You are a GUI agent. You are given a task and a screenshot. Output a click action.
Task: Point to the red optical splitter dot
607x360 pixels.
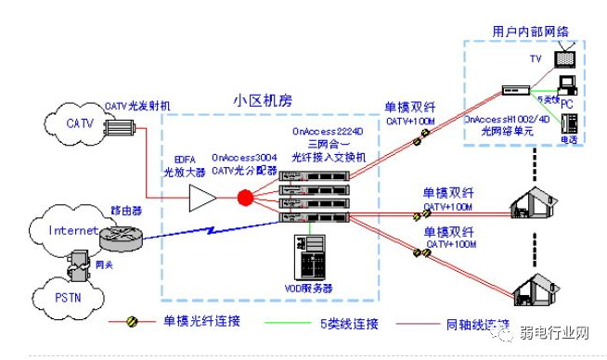[x=245, y=198]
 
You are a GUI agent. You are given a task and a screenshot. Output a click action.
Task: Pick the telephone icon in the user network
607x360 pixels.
[x=568, y=122]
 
